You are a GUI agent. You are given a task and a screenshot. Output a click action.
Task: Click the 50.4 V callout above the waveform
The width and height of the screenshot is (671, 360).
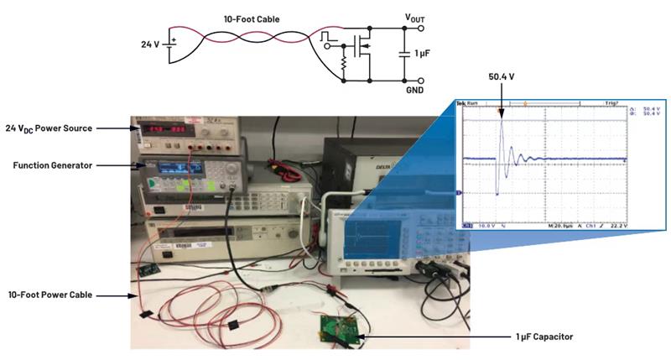tap(502, 76)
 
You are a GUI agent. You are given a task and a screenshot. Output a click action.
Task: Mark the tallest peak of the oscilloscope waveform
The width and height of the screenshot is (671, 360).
tap(502, 120)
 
